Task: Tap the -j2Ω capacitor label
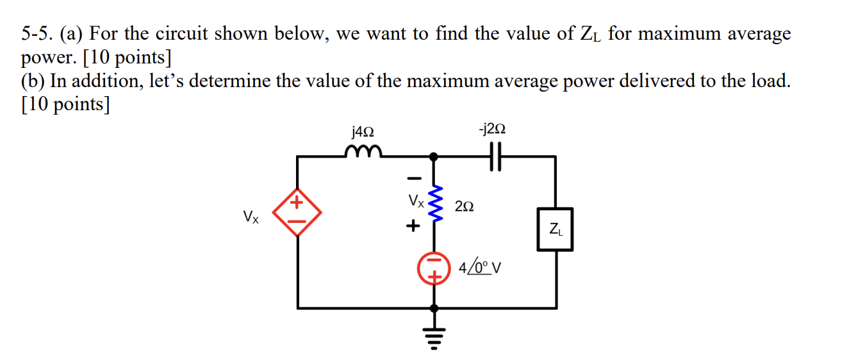tap(492, 129)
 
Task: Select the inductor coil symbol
tap(363, 152)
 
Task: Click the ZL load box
tap(554, 229)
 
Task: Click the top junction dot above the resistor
tap(434, 156)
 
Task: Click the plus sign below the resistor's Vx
tap(413, 225)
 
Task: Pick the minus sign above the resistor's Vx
tap(415, 177)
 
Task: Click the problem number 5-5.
tap(37, 34)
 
